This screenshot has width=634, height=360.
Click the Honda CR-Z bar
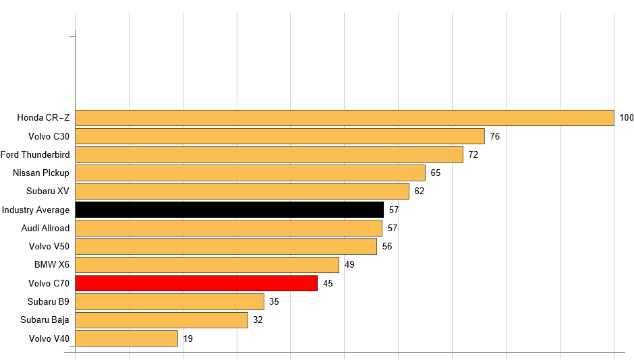(x=344, y=118)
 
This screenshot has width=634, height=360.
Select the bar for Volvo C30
(x=279, y=136)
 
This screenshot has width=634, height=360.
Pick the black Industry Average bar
(x=229, y=210)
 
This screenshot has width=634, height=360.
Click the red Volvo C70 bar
(x=196, y=283)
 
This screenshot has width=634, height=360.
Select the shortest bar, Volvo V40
(x=126, y=338)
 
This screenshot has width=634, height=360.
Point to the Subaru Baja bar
(x=161, y=320)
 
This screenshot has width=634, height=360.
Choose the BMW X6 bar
(x=206, y=265)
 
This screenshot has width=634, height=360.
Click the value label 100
(x=627, y=118)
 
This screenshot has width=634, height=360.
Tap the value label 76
(x=495, y=136)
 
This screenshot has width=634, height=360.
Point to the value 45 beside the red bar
(x=328, y=283)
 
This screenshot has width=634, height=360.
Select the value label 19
(x=188, y=338)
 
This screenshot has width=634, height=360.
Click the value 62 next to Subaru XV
(x=420, y=191)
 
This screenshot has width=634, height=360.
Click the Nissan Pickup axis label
(x=41, y=173)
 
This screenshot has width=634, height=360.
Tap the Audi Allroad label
(x=45, y=228)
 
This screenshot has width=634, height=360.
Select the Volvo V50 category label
(x=49, y=247)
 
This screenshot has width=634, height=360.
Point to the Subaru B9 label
(x=49, y=301)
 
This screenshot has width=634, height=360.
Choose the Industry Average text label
(x=36, y=210)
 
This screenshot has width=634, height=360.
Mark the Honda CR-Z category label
(x=43, y=118)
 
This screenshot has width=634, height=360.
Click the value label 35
(x=274, y=301)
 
